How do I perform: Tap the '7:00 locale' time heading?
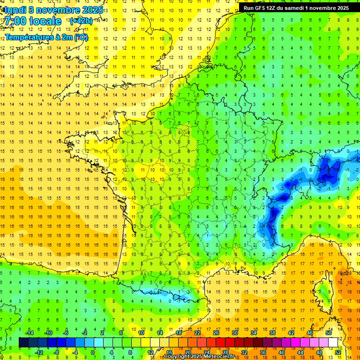click(x=33, y=21)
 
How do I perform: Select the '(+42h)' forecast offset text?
click(x=81, y=21)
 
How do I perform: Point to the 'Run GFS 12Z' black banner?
click(x=296, y=7)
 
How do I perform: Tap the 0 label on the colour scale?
click(x=93, y=352)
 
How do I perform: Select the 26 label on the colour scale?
click(x=216, y=332)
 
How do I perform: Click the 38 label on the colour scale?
click(x=272, y=332)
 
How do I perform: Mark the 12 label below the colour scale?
click(x=150, y=352)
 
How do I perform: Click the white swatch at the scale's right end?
click(x=333, y=342)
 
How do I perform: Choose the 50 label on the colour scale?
click(x=328, y=332)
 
